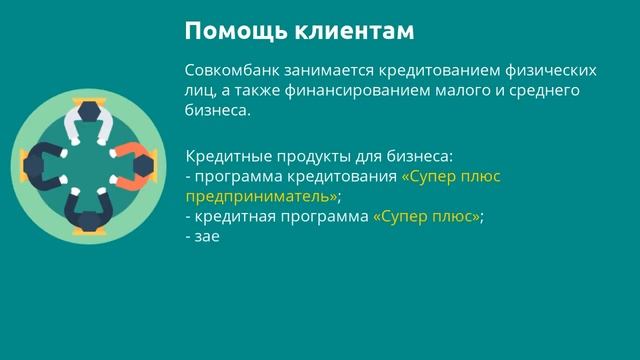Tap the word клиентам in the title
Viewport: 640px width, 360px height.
coord(354,31)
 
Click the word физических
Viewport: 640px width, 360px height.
coord(552,72)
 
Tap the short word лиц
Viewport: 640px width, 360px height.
coord(199,92)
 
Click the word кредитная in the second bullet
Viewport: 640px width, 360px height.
coord(232,216)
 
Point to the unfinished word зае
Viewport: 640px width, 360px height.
coord(208,237)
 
